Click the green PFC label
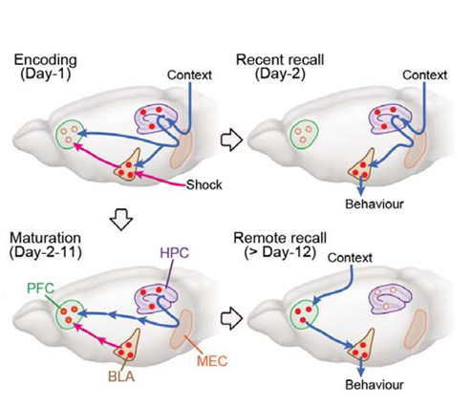[40, 289]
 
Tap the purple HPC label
[175, 253]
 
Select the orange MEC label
[212, 361]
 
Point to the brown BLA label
[121, 376]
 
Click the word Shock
[204, 184]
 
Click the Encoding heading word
[46, 60]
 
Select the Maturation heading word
[45, 238]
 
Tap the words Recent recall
[280, 60]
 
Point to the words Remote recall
[280, 238]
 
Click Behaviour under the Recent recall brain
[375, 203]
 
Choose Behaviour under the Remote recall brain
[375, 385]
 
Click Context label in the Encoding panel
[189, 75]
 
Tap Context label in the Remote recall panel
[350, 258]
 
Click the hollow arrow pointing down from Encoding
[121, 219]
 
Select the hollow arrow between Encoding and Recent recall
[231, 139]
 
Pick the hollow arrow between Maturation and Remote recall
[231, 318]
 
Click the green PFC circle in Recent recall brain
[304, 134]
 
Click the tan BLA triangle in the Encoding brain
[129, 166]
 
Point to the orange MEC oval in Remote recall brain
[416, 330]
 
